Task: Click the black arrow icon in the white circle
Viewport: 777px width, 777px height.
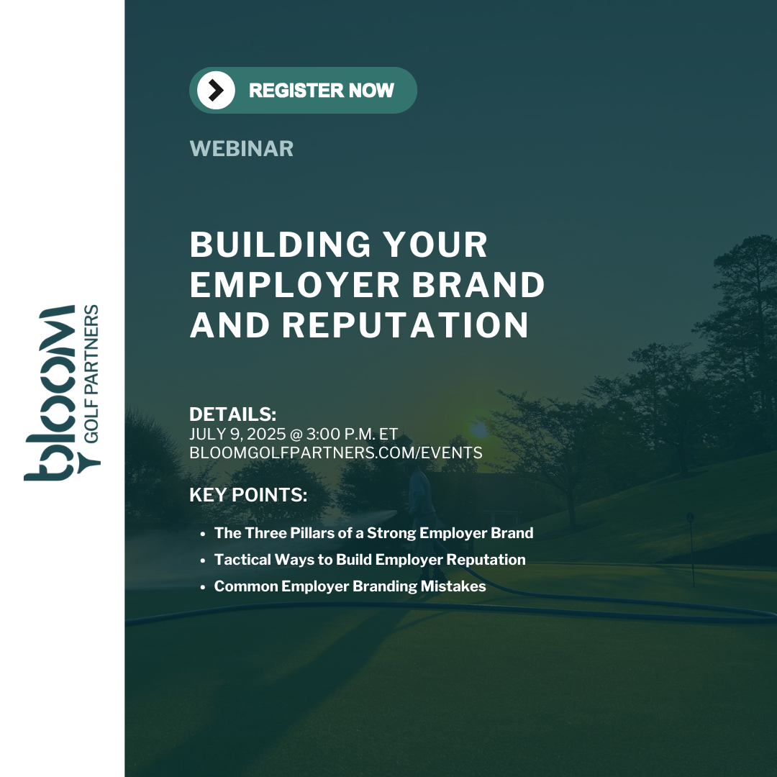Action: tap(216, 90)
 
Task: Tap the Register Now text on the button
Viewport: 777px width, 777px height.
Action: tap(321, 90)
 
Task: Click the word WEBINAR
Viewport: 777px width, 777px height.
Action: tap(241, 149)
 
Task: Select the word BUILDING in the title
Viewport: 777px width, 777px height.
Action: tap(280, 245)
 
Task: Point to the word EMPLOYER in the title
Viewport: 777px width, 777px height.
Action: tap(295, 285)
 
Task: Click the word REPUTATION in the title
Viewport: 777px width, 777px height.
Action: tap(405, 325)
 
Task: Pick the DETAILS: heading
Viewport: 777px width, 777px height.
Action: tap(233, 414)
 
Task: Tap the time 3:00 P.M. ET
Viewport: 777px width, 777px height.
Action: tap(352, 434)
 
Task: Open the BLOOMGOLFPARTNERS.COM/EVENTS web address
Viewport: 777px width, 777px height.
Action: tap(336, 453)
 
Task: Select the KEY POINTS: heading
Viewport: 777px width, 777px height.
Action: tap(248, 495)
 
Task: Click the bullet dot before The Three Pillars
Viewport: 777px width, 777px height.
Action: tap(203, 534)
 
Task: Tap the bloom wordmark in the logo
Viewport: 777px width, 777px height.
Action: tap(50, 393)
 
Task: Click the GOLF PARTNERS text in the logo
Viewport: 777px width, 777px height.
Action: tap(91, 373)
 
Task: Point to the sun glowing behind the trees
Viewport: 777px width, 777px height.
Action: tap(478, 428)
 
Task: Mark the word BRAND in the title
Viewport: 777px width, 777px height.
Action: tap(478, 285)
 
